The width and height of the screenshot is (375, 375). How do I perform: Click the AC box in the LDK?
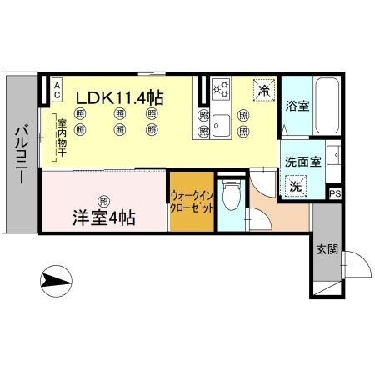click(x=57, y=86)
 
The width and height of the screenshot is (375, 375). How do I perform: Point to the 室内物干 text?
click(x=62, y=138)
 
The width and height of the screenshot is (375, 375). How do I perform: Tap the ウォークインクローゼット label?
click(x=192, y=201)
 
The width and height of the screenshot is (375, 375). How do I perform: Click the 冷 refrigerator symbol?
click(x=263, y=89)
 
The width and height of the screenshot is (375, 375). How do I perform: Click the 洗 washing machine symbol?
click(x=295, y=186)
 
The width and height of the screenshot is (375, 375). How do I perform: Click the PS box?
click(x=334, y=194)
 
